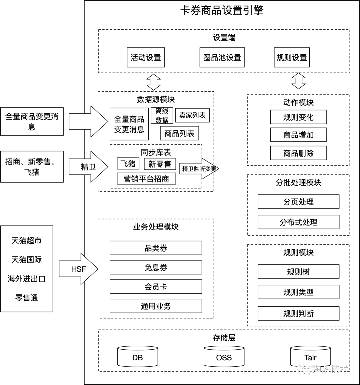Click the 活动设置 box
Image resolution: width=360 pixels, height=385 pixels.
pos(146,58)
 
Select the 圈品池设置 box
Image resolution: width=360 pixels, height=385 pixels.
pos(222,58)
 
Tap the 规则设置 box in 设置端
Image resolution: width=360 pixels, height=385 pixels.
pos(292,58)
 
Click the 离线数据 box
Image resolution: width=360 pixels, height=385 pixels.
pos(162,116)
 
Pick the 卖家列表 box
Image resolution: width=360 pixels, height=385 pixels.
pos(192,115)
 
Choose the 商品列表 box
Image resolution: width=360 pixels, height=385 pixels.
pos(179,133)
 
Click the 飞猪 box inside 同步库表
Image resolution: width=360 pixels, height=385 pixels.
pos(128,164)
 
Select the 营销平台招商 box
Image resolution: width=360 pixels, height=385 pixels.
pos(146,179)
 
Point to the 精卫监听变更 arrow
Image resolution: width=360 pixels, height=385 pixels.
pos(199,169)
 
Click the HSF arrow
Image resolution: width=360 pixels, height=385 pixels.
pos(79,269)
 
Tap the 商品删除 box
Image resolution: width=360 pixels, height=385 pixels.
pos(299,153)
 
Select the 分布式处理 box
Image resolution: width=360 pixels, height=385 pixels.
pos(299,222)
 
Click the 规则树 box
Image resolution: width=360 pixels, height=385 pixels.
pos(299,271)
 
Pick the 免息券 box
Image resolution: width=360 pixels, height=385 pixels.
pos(156,267)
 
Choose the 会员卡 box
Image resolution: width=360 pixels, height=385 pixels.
pos(156,286)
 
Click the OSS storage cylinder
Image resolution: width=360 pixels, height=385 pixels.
pos(224,356)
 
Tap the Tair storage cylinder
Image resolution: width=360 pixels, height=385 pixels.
pos(310,356)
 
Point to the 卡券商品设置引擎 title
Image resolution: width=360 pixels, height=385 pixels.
pos(222,10)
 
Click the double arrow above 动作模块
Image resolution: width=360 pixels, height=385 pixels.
pos(299,81)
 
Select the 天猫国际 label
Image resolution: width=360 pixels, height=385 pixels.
pos(27,259)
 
